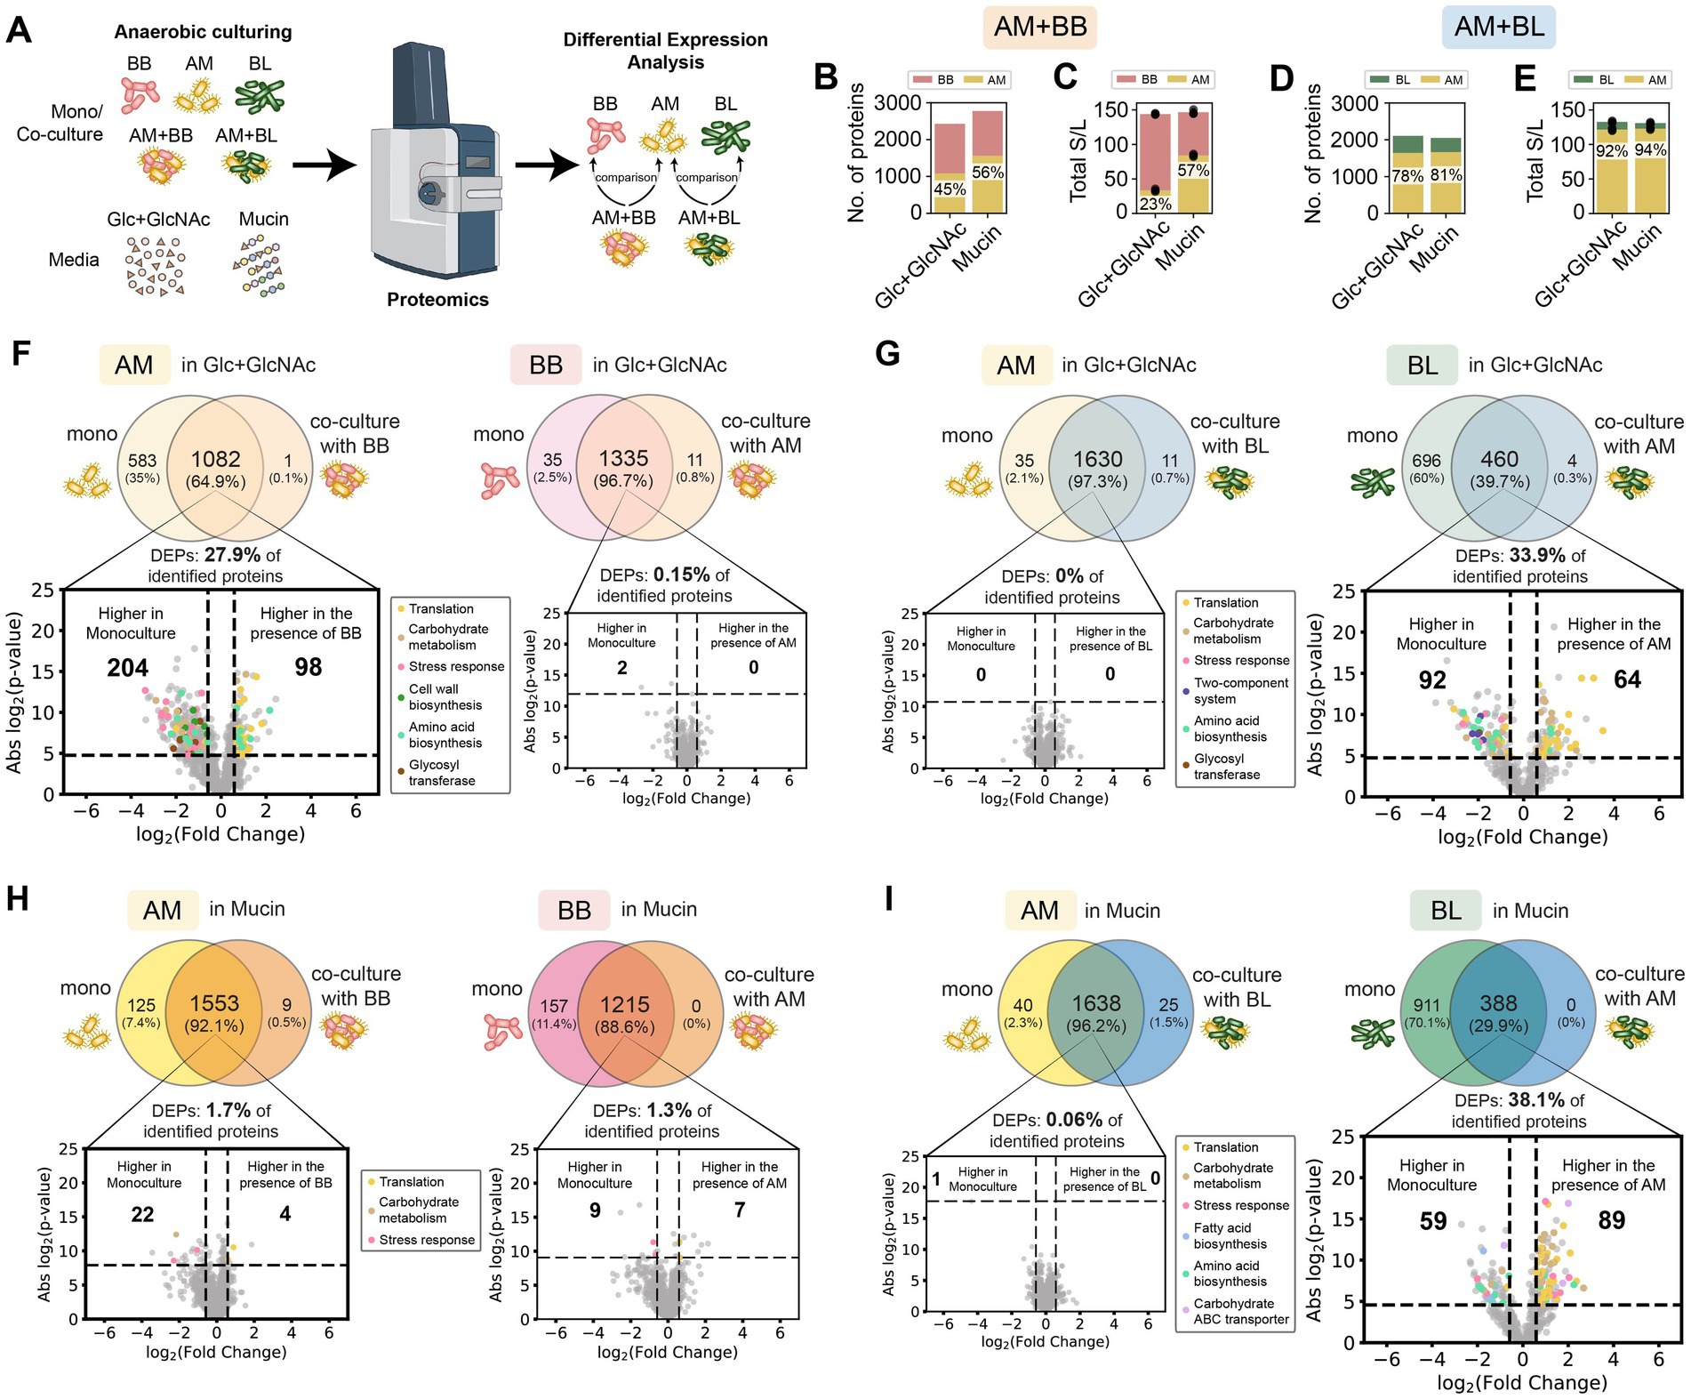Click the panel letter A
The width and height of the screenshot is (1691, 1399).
pos(19,32)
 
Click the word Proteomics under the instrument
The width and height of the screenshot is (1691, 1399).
pos(437,300)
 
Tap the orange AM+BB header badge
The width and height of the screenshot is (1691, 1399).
pos(1039,27)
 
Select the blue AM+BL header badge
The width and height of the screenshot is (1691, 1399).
pos(1499,28)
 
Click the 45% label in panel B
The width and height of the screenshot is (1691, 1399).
pos(950,189)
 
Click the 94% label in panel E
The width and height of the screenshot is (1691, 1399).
pos(1650,150)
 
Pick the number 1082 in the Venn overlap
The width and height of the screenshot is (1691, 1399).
pos(216,459)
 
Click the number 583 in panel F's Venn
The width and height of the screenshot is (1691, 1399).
pos(142,461)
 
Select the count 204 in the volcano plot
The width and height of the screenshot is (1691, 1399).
pos(128,668)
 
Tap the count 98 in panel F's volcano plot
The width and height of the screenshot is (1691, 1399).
pos(308,667)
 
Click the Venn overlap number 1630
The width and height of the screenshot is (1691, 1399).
pos(1097,459)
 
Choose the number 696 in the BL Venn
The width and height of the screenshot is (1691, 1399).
pos(1425,461)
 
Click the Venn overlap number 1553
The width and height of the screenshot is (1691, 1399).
pos(214,1003)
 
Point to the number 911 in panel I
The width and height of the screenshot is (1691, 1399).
pos(1425,1005)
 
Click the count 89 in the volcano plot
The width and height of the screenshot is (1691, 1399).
pos(1611,1220)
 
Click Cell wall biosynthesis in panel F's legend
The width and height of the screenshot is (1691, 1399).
pos(445,697)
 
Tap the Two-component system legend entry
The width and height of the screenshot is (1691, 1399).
pos(1240,691)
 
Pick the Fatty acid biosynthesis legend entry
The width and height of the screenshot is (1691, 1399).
pos(1230,1236)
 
